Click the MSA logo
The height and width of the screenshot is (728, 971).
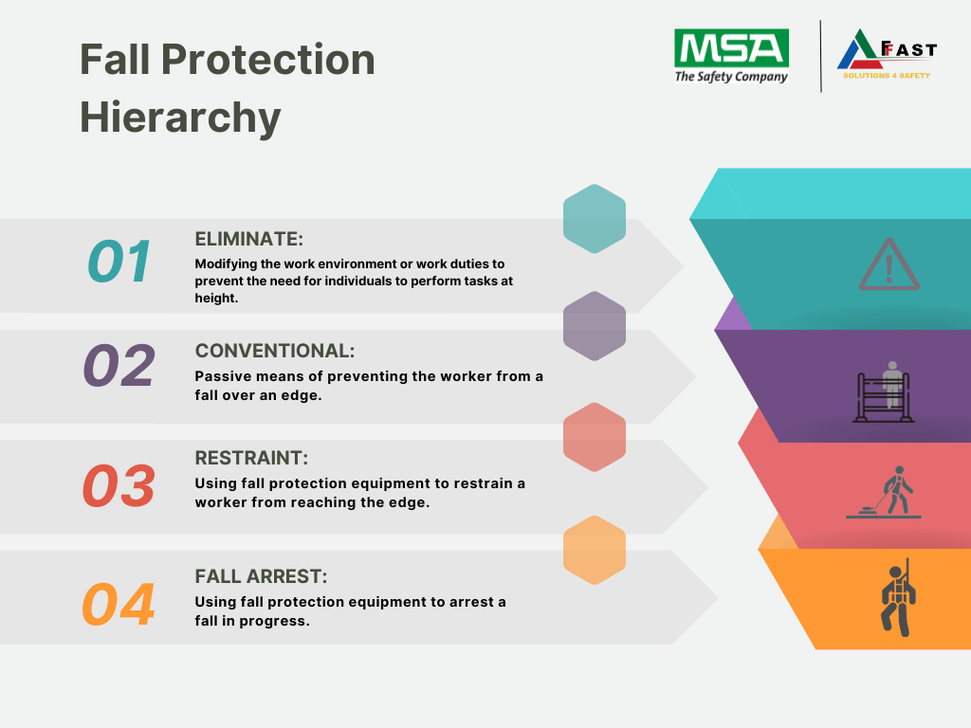731,56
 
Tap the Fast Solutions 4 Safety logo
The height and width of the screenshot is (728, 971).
887,54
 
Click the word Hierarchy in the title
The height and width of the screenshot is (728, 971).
180,118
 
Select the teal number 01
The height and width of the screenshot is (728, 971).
119,262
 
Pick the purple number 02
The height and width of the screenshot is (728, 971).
119,365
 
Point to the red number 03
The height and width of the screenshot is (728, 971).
119,486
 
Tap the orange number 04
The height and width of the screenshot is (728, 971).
119,605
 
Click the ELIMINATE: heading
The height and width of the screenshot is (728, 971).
249,239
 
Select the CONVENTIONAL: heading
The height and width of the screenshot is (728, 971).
275,351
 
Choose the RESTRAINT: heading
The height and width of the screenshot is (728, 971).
251,458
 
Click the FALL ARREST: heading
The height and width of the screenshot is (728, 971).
261,576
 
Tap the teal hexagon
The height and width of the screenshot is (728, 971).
595,219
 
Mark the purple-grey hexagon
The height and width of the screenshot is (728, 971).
595,326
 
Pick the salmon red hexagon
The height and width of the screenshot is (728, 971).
595,437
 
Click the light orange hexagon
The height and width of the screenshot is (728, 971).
595,551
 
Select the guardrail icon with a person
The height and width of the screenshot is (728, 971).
884,392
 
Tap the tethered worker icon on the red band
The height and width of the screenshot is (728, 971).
884,493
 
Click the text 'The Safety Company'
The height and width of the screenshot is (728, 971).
731,77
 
